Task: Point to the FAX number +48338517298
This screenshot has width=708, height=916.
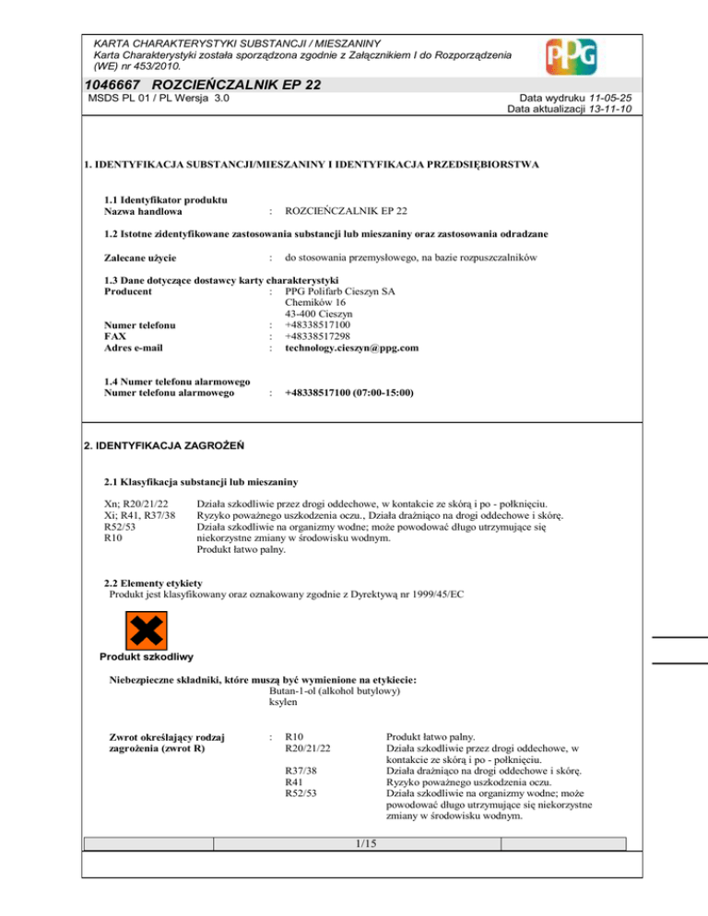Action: click(x=324, y=336)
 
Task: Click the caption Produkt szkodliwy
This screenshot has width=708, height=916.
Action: click(x=145, y=657)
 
